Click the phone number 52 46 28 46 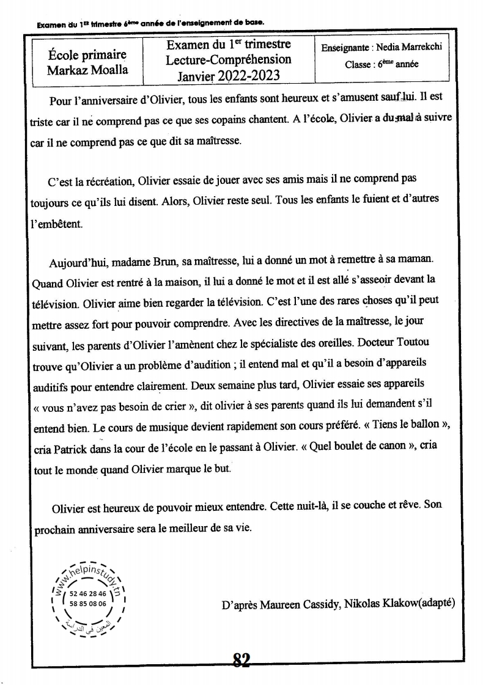coord(89,593)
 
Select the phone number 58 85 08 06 coord(89,603)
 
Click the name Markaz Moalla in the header coord(87,69)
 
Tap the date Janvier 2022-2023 coord(229,75)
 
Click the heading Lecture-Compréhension coord(229,60)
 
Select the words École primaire coord(87,55)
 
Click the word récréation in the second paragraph coord(107,180)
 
